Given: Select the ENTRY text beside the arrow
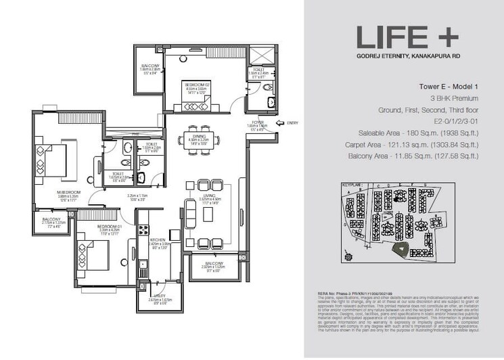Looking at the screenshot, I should (292, 122).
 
